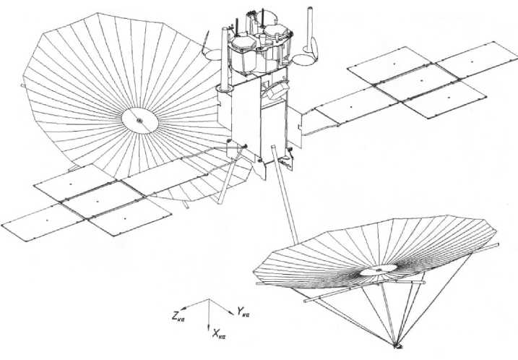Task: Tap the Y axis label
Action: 243,312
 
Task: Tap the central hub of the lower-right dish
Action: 375,271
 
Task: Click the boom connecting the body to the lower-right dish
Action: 286,195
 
